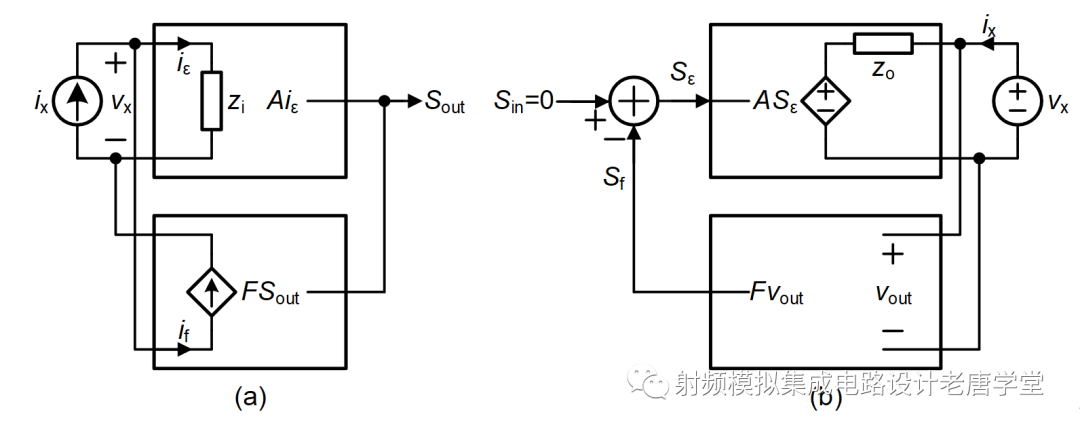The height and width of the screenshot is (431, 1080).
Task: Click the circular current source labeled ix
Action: (77, 102)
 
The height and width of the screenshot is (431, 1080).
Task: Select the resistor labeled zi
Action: (211, 101)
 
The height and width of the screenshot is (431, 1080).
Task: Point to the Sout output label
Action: (445, 102)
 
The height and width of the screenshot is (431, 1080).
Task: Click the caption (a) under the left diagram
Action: (250, 398)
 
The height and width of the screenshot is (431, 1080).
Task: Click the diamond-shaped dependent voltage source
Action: (826, 101)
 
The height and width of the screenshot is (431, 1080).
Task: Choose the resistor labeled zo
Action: (883, 43)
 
